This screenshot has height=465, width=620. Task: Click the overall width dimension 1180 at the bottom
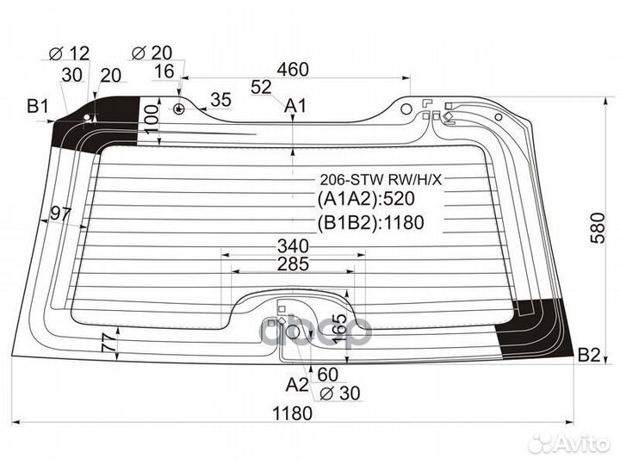point(292,412)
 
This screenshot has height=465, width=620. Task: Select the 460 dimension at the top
point(293,67)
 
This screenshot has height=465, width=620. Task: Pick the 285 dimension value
point(293,264)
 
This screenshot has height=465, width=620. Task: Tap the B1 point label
point(37,108)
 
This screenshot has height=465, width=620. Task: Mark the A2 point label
point(297,383)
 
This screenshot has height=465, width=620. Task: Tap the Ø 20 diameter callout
point(153,54)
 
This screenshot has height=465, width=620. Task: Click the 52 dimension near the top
point(262,86)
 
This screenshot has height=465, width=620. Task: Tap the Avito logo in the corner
point(572,443)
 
